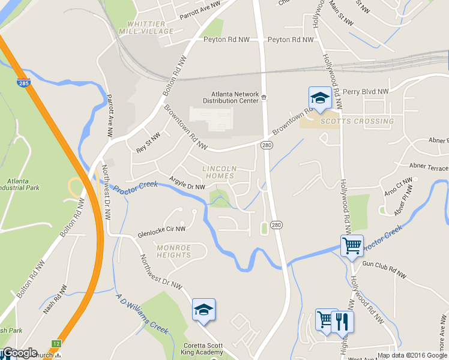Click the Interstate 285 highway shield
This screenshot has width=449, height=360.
click(x=23, y=83)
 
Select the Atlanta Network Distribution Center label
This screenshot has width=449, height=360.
click(x=235, y=97)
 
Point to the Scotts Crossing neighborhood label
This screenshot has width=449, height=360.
click(x=357, y=121)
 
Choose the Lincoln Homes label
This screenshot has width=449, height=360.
click(x=220, y=172)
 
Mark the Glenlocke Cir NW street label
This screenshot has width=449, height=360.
click(x=161, y=229)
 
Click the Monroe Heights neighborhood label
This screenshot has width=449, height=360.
click(x=173, y=251)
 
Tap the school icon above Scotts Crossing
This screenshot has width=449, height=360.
click(x=320, y=98)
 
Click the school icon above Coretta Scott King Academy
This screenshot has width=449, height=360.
click(x=203, y=310)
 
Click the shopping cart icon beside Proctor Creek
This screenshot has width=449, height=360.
click(x=352, y=245)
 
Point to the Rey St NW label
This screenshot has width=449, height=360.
click(x=148, y=143)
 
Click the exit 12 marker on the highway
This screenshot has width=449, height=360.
click(x=56, y=343)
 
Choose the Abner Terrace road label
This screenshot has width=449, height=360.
click(x=429, y=167)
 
